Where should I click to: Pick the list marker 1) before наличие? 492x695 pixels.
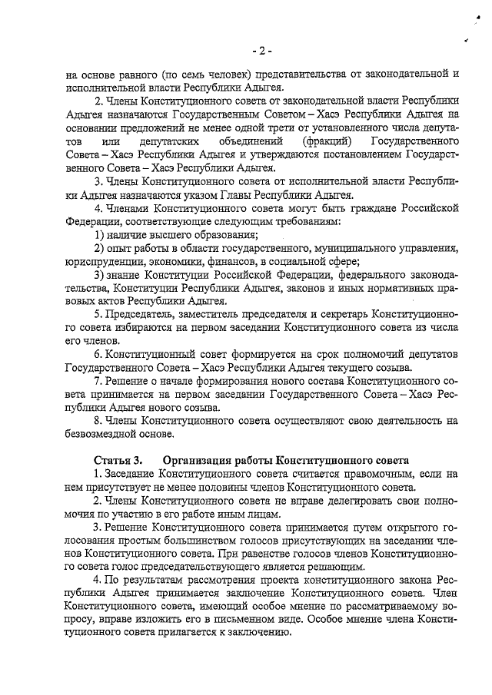click(100, 234)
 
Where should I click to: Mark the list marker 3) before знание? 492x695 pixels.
click(100, 274)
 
